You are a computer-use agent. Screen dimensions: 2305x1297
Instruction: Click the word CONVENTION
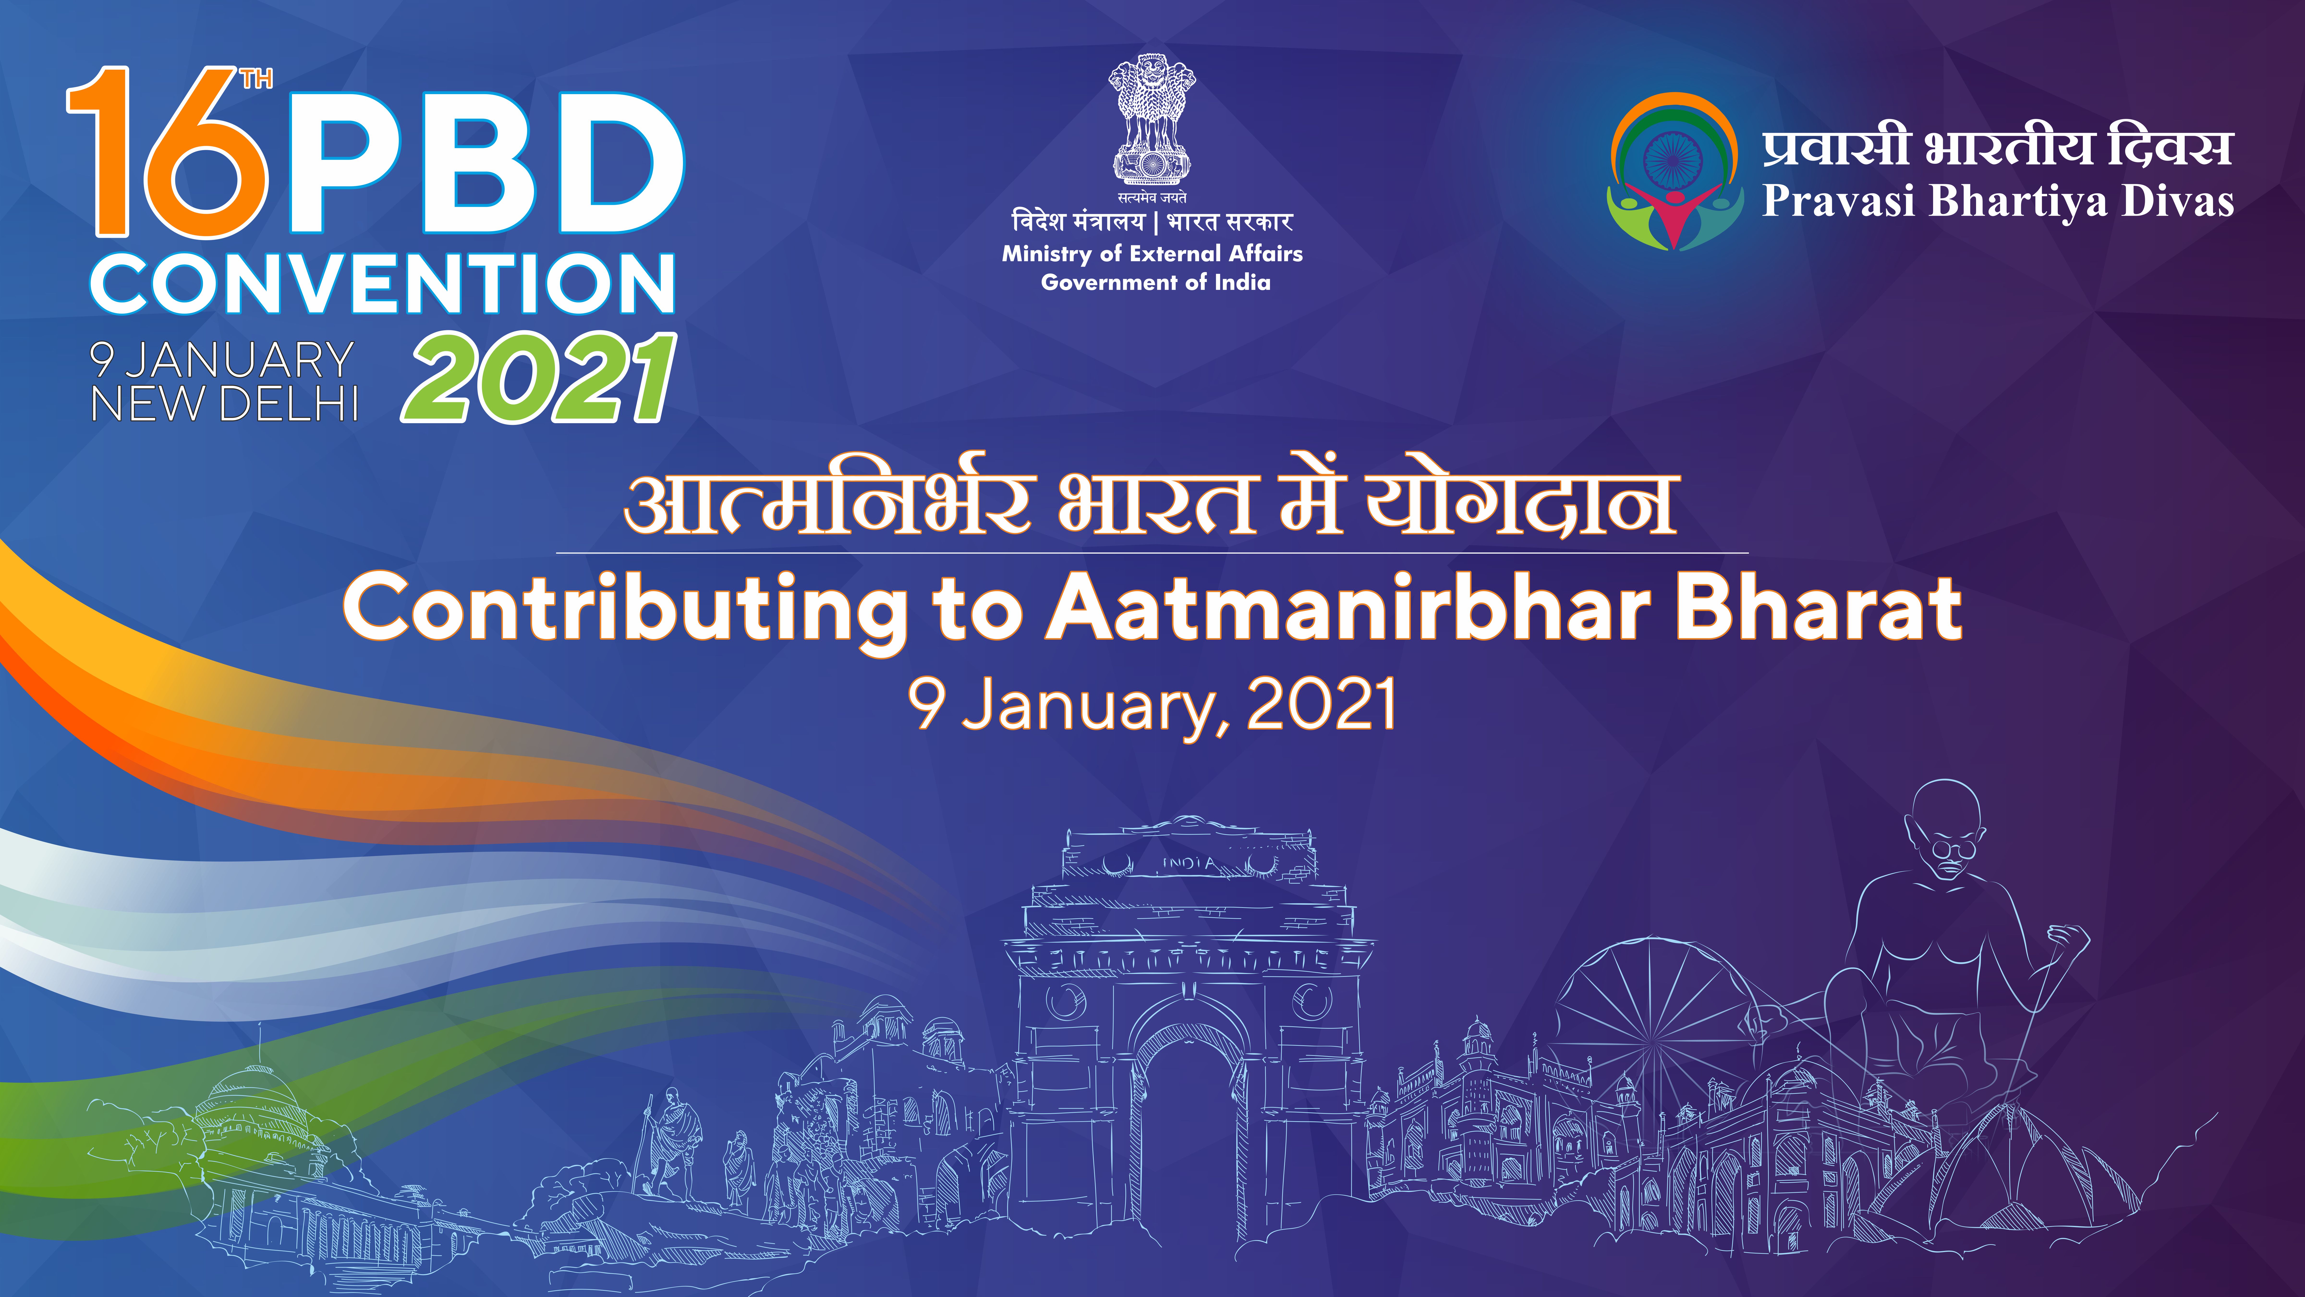coord(383,283)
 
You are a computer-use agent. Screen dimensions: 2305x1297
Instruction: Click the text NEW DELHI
coord(224,404)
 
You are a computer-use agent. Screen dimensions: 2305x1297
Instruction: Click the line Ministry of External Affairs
coord(1152,254)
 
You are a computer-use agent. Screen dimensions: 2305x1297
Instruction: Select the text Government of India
coord(1155,283)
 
